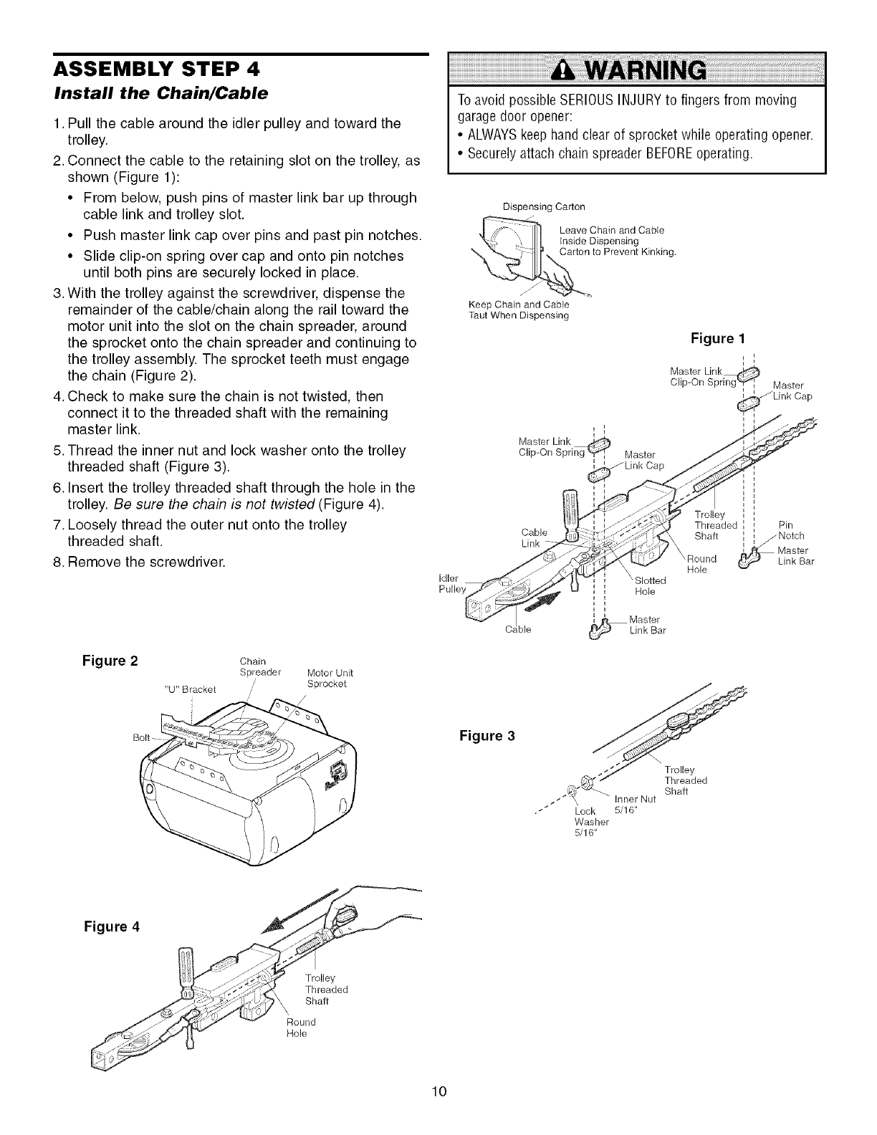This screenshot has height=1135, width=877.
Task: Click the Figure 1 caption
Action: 712,338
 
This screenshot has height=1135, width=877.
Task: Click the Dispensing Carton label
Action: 544,207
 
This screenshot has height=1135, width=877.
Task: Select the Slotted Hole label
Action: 650,586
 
